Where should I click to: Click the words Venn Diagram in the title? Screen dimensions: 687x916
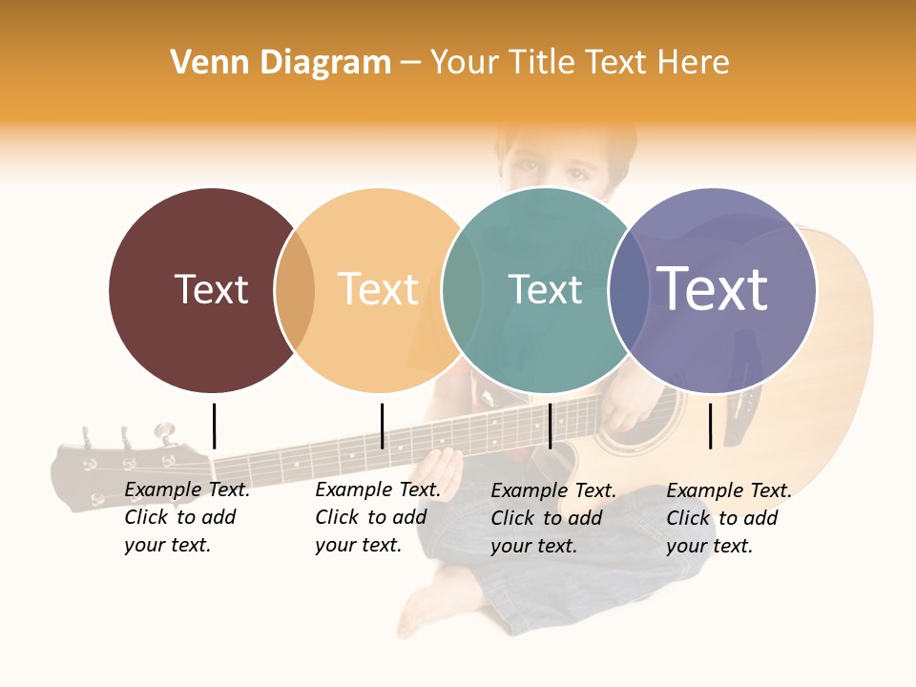pos(281,63)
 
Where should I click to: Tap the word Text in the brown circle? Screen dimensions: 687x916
pos(211,289)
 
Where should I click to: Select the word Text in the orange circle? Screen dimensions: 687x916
pos(379,289)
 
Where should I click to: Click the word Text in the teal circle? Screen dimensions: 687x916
pos(545,289)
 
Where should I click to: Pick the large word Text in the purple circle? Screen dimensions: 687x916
pos(712,288)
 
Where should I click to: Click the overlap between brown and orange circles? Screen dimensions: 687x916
pos(295,290)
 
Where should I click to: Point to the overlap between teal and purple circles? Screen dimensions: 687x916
pos(626,290)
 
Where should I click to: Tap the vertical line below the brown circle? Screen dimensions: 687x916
pos(214,426)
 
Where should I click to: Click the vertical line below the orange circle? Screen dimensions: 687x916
pos(382,426)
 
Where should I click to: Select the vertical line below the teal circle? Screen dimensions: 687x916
pos(550,426)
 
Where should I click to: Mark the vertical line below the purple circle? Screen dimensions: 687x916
pos(710,426)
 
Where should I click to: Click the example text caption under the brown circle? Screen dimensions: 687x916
pos(186,517)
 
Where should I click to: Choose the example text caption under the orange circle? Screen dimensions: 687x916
pos(377,517)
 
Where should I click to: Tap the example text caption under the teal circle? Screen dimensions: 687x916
pos(552,518)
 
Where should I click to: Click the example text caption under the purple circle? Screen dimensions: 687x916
pos(728,518)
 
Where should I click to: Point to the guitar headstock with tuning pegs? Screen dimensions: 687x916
pos(124,468)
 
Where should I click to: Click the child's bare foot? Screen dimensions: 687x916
pos(429,601)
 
